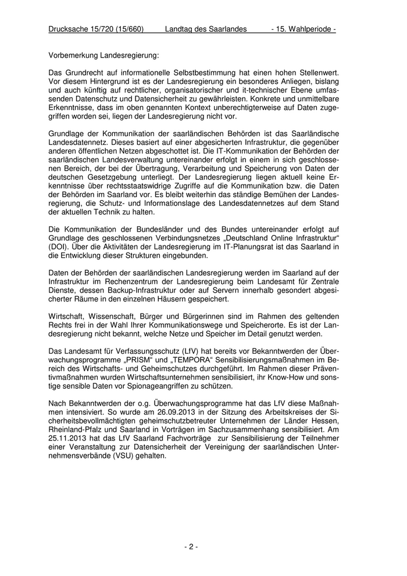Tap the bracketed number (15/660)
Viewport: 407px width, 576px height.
tap(131, 29)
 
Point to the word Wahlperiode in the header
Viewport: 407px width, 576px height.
tap(312, 29)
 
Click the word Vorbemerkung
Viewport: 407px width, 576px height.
tap(73, 56)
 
